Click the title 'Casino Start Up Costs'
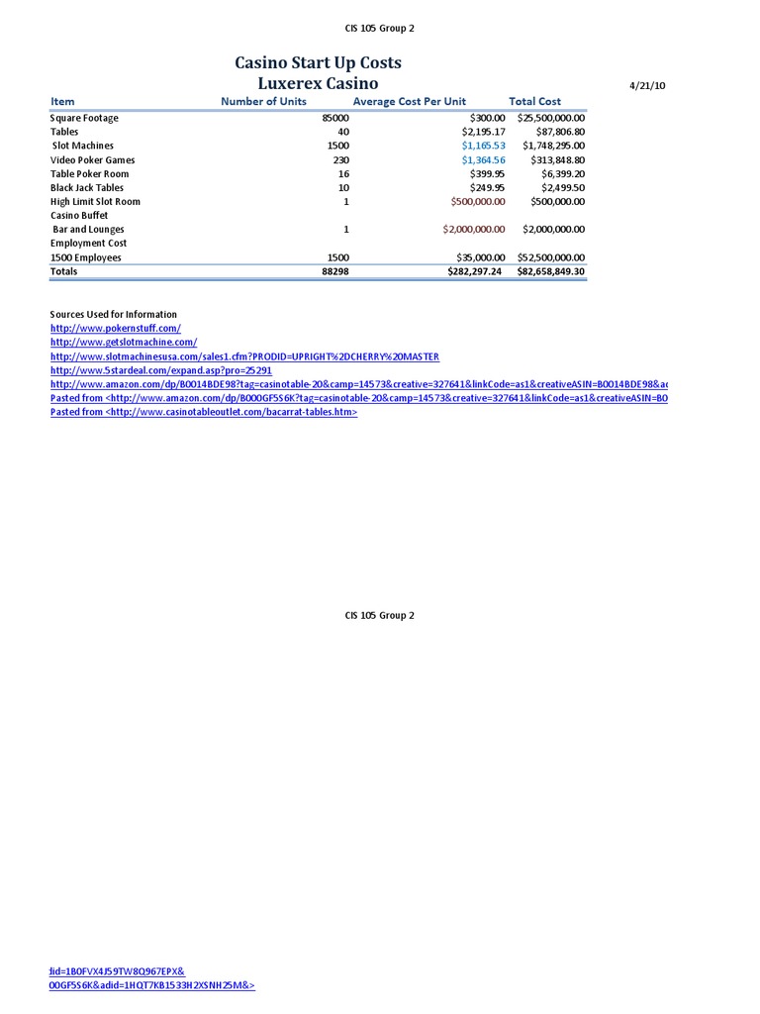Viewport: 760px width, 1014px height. click(x=318, y=63)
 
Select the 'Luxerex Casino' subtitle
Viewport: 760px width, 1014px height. click(x=318, y=84)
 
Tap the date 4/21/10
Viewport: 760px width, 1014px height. click(x=647, y=86)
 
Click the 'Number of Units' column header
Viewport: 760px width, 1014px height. click(x=263, y=101)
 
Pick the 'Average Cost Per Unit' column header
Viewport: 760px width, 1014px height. click(x=409, y=101)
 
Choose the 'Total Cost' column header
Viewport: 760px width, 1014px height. click(x=534, y=101)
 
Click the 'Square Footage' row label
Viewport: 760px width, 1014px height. click(x=84, y=118)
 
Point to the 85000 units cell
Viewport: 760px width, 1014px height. click(x=335, y=118)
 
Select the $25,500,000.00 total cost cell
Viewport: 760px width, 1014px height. click(x=551, y=118)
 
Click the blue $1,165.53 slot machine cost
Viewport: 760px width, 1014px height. click(x=483, y=146)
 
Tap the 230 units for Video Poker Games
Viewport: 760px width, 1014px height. click(x=340, y=159)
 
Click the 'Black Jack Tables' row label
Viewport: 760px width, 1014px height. click(x=87, y=187)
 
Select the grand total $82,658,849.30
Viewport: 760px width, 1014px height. click(x=551, y=271)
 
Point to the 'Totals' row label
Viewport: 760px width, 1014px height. click(x=63, y=271)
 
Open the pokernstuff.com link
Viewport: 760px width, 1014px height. click(x=116, y=328)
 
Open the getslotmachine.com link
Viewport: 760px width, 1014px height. click(x=124, y=342)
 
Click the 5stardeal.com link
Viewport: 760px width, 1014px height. click(x=160, y=369)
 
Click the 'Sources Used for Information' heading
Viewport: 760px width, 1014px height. click(x=114, y=314)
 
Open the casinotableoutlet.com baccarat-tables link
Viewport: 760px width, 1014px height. click(x=203, y=412)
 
